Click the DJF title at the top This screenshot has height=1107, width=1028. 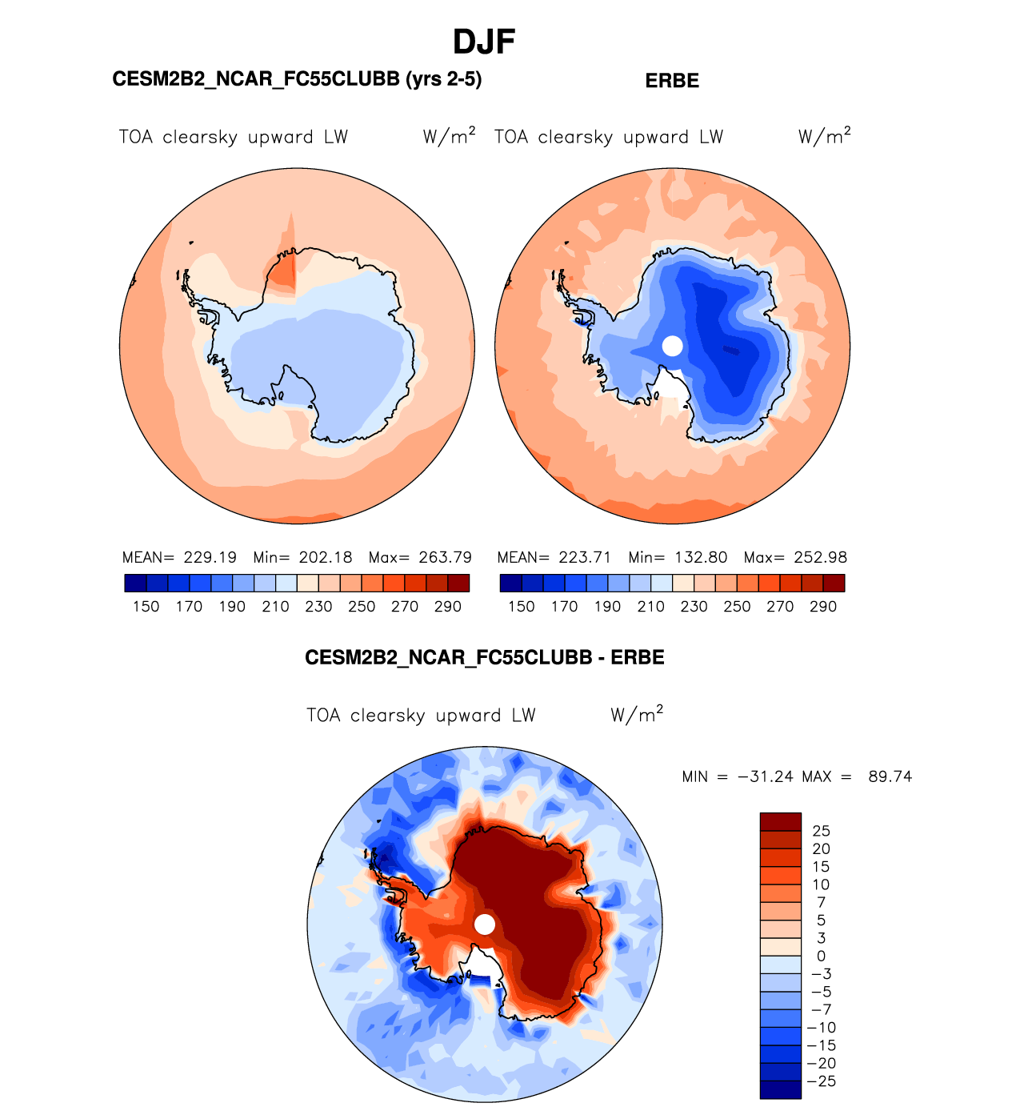(x=483, y=42)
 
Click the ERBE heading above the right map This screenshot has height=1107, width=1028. (x=672, y=81)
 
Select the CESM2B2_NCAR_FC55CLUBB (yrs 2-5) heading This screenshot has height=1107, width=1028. (x=297, y=79)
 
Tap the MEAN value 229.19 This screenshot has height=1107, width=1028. (x=210, y=557)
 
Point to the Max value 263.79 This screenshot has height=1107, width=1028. (x=445, y=557)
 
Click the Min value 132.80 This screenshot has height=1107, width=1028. (x=702, y=557)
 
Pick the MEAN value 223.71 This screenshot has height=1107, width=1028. (x=585, y=557)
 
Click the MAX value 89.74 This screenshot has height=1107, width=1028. (x=890, y=776)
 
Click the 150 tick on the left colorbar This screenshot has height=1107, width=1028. (x=146, y=607)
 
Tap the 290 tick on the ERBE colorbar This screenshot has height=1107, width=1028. (x=823, y=607)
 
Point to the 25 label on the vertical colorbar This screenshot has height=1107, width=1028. (x=821, y=831)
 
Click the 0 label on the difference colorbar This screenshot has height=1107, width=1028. (x=821, y=956)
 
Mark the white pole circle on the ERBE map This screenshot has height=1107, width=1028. (x=673, y=346)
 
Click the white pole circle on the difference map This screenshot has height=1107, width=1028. (x=485, y=925)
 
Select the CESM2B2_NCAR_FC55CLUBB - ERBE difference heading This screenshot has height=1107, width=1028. (x=484, y=658)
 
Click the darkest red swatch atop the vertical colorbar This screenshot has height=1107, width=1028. (x=780, y=822)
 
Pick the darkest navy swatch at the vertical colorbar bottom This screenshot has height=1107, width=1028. (x=780, y=1089)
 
